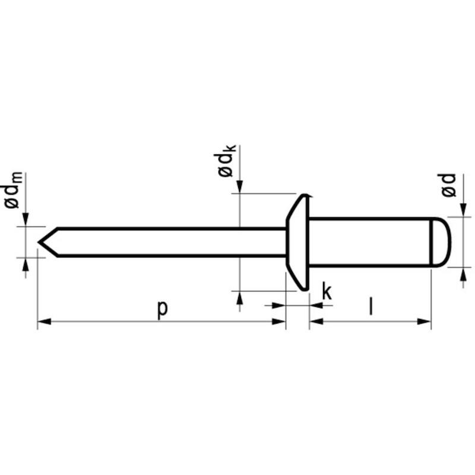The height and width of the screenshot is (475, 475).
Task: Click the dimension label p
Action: pyautogui.click(x=162, y=309)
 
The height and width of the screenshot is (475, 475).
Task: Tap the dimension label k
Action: pyautogui.click(x=327, y=291)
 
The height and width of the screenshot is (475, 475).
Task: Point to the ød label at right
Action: pyautogui.click(x=448, y=185)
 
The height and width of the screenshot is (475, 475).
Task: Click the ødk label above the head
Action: pyautogui.click(x=226, y=160)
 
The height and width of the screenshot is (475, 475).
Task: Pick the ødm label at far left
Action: pyautogui.click(x=13, y=190)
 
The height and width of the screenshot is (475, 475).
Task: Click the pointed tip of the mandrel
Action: pyautogui.click(x=39, y=242)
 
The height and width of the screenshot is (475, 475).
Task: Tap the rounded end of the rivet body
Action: pyautogui.click(x=441, y=242)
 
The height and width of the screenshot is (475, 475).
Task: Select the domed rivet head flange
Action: pyautogui.click(x=297, y=242)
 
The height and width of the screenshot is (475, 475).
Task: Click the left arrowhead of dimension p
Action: pyautogui.click(x=44, y=321)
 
